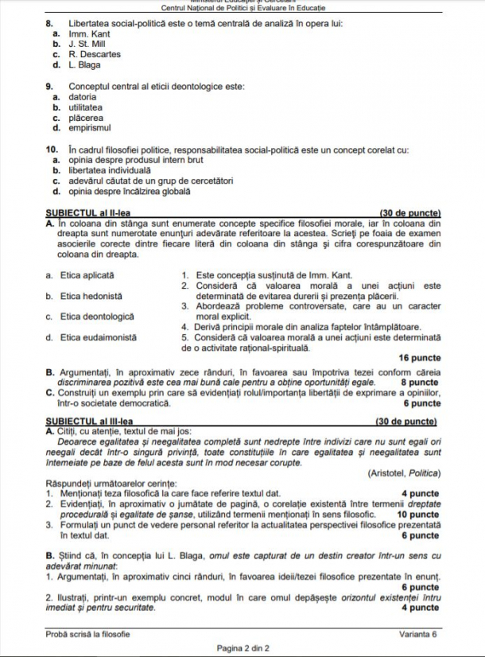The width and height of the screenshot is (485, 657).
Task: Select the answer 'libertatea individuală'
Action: point(109,170)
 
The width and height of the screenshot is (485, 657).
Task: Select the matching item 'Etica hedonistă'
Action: point(91,296)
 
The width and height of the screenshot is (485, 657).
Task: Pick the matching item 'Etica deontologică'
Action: point(98,317)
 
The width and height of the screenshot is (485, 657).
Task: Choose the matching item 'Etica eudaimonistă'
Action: point(99,337)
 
